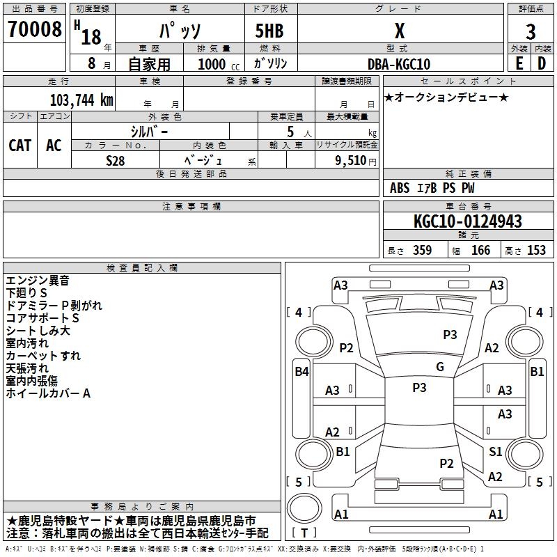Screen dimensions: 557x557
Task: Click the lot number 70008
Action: [34, 29]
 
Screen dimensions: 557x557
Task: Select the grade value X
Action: [400, 31]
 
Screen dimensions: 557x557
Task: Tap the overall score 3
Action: [531, 32]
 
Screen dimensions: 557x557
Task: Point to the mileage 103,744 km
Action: [81, 100]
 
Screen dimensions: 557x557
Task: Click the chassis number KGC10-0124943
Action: [468, 221]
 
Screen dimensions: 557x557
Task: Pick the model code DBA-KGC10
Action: [399, 64]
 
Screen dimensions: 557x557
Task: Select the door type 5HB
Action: [269, 31]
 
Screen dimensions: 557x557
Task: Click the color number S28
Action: [116, 161]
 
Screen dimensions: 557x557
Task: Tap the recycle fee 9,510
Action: [351, 161]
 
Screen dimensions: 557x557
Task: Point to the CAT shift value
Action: [20, 146]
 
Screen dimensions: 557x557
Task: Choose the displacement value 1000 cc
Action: [219, 64]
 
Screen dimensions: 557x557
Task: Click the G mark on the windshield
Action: [440, 367]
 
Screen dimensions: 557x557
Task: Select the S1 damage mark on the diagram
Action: [495, 451]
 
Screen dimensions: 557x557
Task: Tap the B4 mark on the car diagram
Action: [302, 372]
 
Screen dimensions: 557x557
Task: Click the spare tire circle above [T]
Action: [304, 508]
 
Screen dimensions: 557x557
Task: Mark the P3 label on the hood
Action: [450, 335]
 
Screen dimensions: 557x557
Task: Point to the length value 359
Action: [422, 250]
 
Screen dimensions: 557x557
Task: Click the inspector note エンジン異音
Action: [38, 281]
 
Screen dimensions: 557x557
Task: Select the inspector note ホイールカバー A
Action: [48, 393]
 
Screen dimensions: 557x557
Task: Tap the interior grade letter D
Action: [542, 63]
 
